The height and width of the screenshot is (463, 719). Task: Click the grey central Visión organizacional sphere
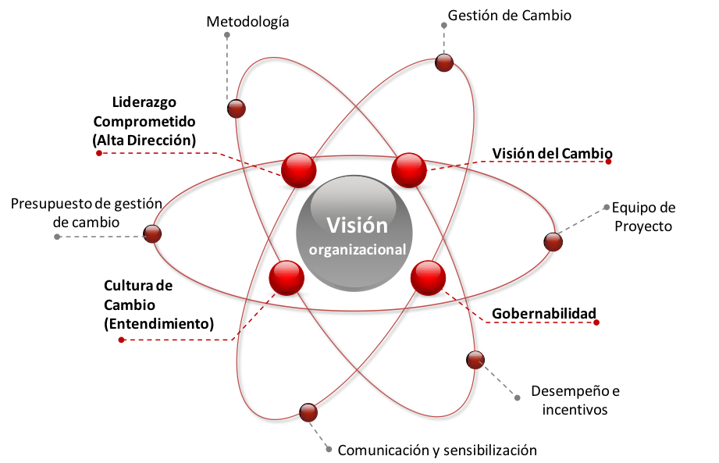[354, 233]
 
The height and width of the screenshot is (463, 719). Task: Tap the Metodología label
[247, 22]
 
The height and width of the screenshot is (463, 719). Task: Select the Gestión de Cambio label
[510, 16]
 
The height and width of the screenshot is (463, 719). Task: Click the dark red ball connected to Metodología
[237, 109]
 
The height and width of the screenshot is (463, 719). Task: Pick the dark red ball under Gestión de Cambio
[444, 62]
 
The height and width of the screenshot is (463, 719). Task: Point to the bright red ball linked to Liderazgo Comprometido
[298, 170]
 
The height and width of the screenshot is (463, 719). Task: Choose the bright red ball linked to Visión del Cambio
[409, 170]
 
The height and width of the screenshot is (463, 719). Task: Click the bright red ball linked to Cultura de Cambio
[287, 278]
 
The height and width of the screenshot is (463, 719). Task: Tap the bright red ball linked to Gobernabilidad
[429, 278]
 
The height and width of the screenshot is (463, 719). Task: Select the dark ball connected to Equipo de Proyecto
[553, 241]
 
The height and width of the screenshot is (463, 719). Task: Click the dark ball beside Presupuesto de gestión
[152, 233]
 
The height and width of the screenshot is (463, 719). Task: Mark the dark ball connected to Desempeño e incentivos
[475, 360]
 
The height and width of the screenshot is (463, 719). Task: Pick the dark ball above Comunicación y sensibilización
[308, 412]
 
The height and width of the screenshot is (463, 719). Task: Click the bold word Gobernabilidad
[544, 314]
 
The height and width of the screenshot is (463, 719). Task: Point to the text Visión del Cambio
[552, 154]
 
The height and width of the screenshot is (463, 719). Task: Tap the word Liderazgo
[144, 102]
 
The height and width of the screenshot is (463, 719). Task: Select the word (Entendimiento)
[158, 324]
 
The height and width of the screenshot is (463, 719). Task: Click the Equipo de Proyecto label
[643, 217]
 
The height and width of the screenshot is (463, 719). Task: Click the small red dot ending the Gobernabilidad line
[596, 322]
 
